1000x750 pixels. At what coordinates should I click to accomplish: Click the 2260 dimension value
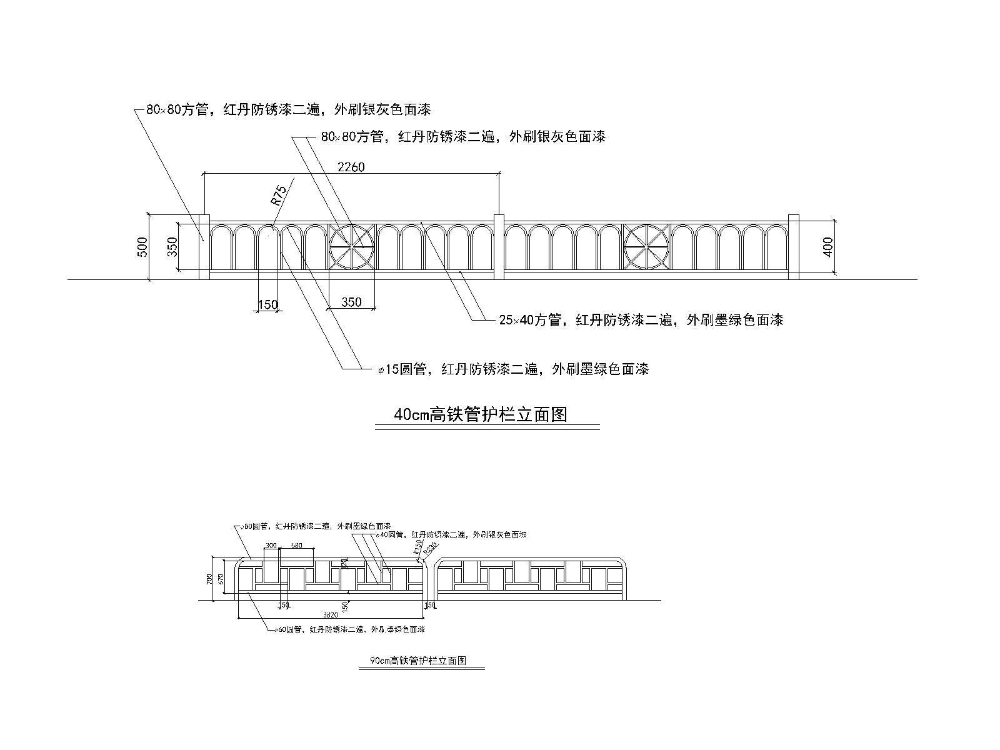tap(351, 167)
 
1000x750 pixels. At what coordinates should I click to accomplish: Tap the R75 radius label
tap(279, 196)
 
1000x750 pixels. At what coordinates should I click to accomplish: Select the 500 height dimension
tap(142, 247)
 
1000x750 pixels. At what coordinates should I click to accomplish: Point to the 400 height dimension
tap(828, 247)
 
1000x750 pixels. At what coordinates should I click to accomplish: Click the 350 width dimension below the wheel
tap(351, 302)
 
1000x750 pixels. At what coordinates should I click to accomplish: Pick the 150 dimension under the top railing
tap(267, 305)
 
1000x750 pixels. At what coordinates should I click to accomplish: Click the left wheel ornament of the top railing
tap(351, 247)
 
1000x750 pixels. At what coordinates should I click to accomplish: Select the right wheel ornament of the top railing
tap(647, 247)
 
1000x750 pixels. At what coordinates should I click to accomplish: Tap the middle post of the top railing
tap(499, 247)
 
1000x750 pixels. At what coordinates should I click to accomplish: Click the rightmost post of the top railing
tap(794, 247)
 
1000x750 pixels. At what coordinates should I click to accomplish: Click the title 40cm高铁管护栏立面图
tap(480, 414)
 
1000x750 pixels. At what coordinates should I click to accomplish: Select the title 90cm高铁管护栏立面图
tap(419, 661)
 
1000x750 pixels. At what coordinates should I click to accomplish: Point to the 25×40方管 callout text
tap(641, 320)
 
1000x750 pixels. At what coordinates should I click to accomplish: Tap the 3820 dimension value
tap(331, 614)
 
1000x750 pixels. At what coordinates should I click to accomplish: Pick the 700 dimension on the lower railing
tap(210, 579)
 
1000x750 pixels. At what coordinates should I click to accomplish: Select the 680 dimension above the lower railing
tap(296, 546)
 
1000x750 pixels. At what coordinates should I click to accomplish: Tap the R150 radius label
tap(417, 548)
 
